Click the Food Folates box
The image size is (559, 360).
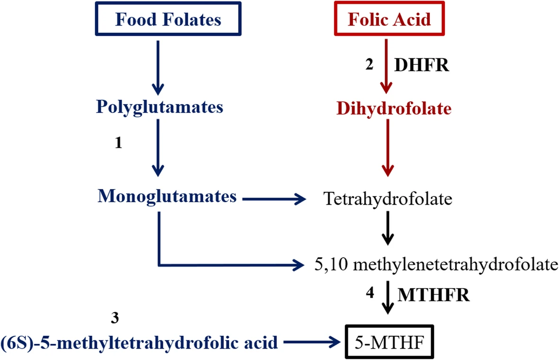pyautogui.click(x=168, y=20)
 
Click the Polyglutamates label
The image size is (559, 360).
pyautogui.click(x=160, y=107)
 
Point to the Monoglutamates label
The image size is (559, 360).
pyautogui.click(x=167, y=197)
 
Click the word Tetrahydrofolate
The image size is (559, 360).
pyautogui.click(x=388, y=199)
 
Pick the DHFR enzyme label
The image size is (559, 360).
pyautogui.click(x=421, y=65)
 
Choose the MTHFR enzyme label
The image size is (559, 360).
pyautogui.click(x=433, y=296)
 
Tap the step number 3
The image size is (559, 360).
pyautogui.click(x=114, y=318)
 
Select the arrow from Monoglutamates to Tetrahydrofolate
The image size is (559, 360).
pyautogui.click(x=275, y=200)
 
